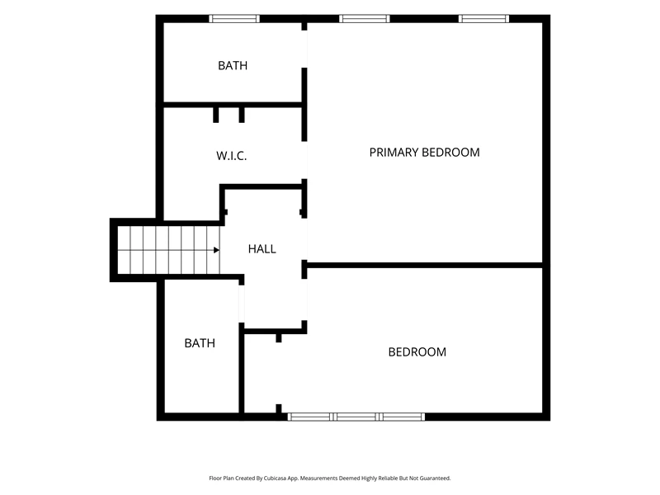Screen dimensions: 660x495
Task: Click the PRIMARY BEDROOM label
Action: click(x=424, y=153)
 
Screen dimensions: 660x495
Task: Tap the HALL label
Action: click(x=262, y=249)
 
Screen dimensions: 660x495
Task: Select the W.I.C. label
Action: click(x=232, y=156)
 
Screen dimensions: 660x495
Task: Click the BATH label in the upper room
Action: click(x=233, y=66)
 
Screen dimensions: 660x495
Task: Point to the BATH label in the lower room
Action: click(x=200, y=343)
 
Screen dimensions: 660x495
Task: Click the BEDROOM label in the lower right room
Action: click(x=417, y=352)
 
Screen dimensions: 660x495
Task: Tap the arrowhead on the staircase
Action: click(x=216, y=250)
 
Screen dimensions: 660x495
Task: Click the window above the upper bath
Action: click(x=234, y=18)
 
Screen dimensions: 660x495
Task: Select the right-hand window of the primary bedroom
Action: click(x=483, y=18)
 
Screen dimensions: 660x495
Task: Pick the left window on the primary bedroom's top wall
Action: click(x=365, y=18)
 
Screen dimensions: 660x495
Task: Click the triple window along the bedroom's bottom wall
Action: click(x=356, y=417)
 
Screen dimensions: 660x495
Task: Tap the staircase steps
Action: click(x=168, y=250)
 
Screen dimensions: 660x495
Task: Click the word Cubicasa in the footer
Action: click(x=276, y=478)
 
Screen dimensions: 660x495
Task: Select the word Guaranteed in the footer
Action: click(x=436, y=478)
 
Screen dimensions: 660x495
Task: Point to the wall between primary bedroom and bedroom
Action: click(x=425, y=265)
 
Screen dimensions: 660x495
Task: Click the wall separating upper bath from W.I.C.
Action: click(x=233, y=105)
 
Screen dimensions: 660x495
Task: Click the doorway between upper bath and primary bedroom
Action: click(x=304, y=49)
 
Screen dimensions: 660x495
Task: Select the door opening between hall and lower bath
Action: click(x=242, y=304)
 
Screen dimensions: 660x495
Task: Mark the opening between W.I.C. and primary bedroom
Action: click(x=304, y=160)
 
